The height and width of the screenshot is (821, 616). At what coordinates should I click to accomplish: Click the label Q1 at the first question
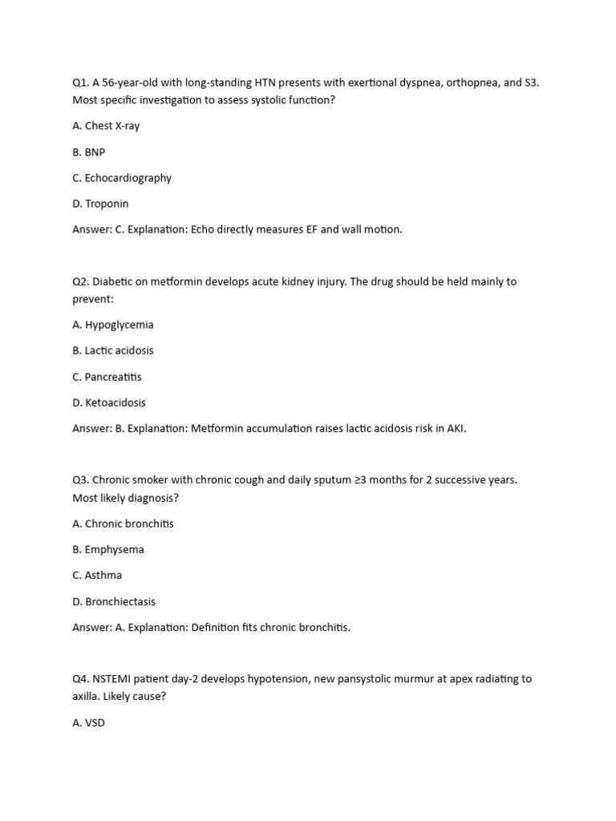pos(81,83)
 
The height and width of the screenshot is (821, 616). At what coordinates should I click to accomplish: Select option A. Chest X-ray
pos(106,126)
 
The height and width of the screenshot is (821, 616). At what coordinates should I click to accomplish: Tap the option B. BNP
pos(88,152)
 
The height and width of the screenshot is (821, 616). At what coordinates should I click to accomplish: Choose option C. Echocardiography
pos(121,178)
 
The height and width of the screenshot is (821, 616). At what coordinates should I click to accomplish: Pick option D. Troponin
pos(100,204)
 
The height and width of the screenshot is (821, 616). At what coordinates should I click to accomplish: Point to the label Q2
pos(81,281)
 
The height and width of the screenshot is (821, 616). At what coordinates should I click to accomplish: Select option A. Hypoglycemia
pos(112,325)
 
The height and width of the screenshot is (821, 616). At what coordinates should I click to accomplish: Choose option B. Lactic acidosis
pos(112,350)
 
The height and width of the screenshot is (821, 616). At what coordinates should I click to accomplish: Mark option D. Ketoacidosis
pos(109,402)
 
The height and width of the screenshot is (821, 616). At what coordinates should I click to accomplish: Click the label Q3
pos(81,479)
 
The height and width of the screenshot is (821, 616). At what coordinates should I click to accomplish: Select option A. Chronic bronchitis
pos(123,524)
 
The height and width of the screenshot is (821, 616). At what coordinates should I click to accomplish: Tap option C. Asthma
pos(97,575)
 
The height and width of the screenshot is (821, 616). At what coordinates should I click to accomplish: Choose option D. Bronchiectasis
pos(114,601)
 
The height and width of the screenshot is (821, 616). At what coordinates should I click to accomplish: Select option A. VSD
pos(88,722)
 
